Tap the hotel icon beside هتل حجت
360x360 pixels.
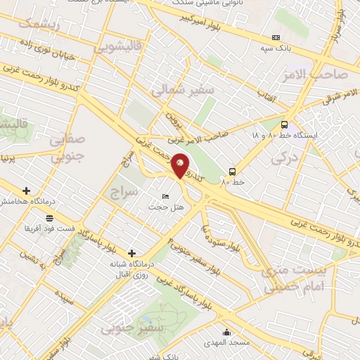[x=165, y=195]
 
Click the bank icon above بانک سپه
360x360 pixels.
[x=276, y=37]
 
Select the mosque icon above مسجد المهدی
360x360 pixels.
[x=226, y=332]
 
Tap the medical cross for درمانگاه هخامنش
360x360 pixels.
[x=27, y=191]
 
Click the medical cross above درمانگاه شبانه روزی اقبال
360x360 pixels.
[x=131, y=253]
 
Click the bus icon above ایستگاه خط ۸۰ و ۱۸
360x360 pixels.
[x=283, y=122]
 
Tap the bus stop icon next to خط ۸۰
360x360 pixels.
[x=231, y=171]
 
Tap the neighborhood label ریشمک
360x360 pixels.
[x=38, y=23]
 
